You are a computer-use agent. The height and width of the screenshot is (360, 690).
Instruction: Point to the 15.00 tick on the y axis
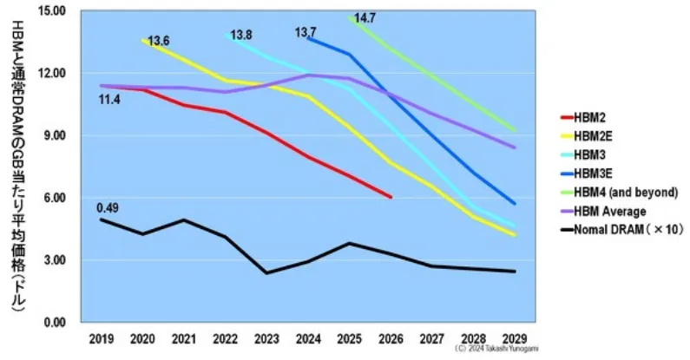point(54,11)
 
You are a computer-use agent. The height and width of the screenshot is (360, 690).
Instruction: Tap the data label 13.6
point(159,41)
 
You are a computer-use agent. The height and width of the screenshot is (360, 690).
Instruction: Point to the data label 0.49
point(108,208)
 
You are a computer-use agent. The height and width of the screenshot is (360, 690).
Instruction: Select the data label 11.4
point(108,100)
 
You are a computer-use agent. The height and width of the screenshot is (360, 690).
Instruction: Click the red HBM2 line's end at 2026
point(391,198)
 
